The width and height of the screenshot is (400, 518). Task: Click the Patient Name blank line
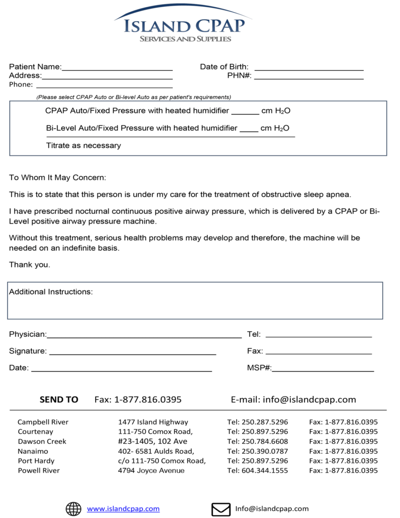point(117,67)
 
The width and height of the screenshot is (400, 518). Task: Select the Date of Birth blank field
point(309,67)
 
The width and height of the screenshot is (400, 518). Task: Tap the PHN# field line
point(308,76)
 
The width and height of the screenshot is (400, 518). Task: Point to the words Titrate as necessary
point(83,146)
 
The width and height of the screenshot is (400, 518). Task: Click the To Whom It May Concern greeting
point(58,178)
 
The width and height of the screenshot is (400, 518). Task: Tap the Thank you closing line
point(29,265)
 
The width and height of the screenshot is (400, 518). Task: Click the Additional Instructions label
point(51,292)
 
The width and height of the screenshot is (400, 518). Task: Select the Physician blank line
point(144,335)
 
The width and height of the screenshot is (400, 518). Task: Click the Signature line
point(132,352)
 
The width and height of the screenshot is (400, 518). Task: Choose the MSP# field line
point(323,369)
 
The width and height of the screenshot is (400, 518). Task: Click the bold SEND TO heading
point(59,400)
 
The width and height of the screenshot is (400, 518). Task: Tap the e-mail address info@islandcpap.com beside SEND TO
point(309,400)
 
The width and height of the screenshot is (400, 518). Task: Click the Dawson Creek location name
point(42,441)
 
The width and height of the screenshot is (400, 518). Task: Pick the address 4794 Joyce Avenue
point(151,470)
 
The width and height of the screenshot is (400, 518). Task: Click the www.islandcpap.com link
point(123,509)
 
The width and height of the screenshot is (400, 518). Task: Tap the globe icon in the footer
point(73,509)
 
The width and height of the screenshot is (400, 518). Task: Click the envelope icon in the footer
point(220,509)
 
